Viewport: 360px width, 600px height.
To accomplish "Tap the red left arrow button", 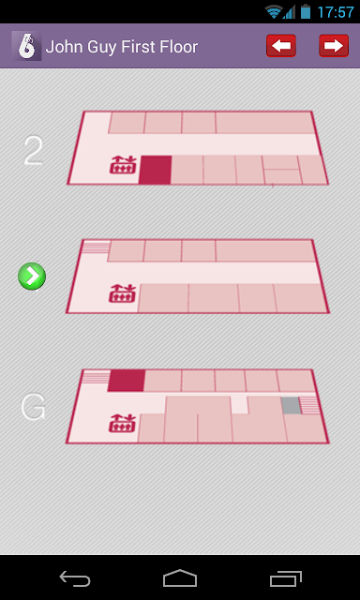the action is pyautogui.click(x=281, y=46).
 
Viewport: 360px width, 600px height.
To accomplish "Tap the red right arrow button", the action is pyautogui.click(x=334, y=46).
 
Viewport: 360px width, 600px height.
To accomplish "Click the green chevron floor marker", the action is pyautogui.click(x=32, y=276).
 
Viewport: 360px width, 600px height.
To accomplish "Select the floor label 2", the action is pyautogui.click(x=33, y=151).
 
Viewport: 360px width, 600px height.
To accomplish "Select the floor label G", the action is pyautogui.click(x=33, y=407).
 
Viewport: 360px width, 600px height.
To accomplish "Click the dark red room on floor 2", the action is pyautogui.click(x=155, y=170).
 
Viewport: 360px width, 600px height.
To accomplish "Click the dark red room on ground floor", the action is pyautogui.click(x=127, y=381).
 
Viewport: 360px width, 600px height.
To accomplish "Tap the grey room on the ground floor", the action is pyautogui.click(x=292, y=405).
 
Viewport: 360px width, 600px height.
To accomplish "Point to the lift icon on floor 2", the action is pyautogui.click(x=123, y=165).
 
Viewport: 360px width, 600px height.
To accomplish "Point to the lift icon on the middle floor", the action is pyautogui.click(x=123, y=293).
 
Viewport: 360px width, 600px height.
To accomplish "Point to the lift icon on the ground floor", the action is pyautogui.click(x=123, y=423).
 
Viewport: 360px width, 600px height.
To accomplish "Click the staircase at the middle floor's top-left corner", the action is pyautogui.click(x=96, y=247).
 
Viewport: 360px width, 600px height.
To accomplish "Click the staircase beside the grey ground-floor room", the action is pyautogui.click(x=309, y=406).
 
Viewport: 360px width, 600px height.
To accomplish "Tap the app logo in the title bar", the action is pyautogui.click(x=26, y=46).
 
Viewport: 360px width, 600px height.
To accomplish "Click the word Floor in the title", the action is pyautogui.click(x=179, y=47).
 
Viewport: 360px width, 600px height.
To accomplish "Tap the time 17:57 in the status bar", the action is pyautogui.click(x=336, y=12).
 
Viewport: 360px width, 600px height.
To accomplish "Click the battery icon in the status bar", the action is pyautogui.click(x=306, y=11).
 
